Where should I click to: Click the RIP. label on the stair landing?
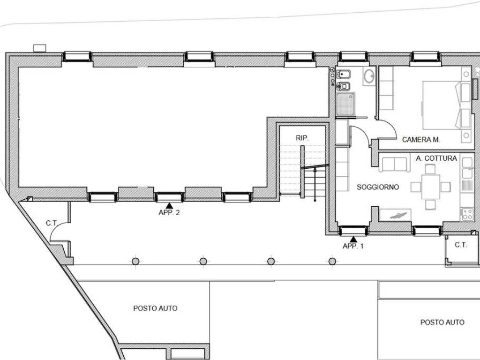pyautogui.click(x=302, y=138)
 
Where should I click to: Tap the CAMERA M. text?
pyautogui.click(x=421, y=140)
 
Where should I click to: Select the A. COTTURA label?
pyautogui.click(x=436, y=158)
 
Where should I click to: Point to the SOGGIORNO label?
pyautogui.click(x=378, y=187)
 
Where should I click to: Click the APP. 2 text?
pyautogui.click(x=169, y=212)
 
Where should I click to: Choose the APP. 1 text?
pyautogui.click(x=353, y=246)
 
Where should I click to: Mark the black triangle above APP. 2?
pyautogui.click(x=169, y=206)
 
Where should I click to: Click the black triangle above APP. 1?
pyautogui.click(x=353, y=239)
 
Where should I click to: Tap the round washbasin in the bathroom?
pyautogui.click(x=369, y=75)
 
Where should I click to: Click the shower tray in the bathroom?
pyautogui.click(x=345, y=104)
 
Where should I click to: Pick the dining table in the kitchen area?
pyautogui.click(x=430, y=187)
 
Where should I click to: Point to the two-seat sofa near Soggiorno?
pyautogui.click(x=394, y=164)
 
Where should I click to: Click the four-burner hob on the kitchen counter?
pyautogui.click(x=467, y=214)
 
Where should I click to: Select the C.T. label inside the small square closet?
pyautogui.click(x=461, y=245)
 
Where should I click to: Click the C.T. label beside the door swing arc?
pyautogui.click(x=52, y=223)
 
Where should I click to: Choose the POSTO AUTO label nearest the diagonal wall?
pyautogui.click(x=155, y=308)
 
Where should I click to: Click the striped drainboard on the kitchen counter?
pyautogui.click(x=467, y=186)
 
